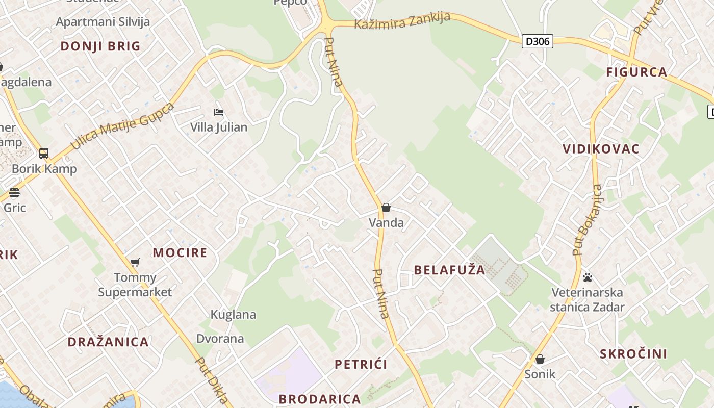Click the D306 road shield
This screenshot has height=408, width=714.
click(x=538, y=41)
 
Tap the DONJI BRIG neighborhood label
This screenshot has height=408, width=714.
click(x=100, y=46)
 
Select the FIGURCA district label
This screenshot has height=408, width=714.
click(x=636, y=72)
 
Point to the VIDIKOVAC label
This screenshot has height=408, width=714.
click(x=601, y=149)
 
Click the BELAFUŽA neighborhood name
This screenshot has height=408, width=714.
click(x=449, y=270)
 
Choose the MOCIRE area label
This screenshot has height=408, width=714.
click(x=180, y=252)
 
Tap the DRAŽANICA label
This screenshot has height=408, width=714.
click(x=108, y=342)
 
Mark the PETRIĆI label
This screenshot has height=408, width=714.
click(x=361, y=364)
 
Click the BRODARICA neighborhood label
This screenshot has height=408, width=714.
click(x=320, y=399)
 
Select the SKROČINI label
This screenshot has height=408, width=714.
click(x=633, y=354)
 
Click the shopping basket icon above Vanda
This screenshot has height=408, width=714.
click(x=386, y=208)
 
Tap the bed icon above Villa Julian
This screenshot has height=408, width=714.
click(x=219, y=112)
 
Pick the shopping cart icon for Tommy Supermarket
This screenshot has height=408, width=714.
click(x=135, y=262)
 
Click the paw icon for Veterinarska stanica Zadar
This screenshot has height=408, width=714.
click(x=588, y=277)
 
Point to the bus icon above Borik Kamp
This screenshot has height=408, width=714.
click(x=44, y=153)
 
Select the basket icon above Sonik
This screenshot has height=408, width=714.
click(x=540, y=359)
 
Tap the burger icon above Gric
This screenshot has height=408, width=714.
click(x=14, y=193)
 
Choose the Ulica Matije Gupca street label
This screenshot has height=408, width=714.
click(x=122, y=126)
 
